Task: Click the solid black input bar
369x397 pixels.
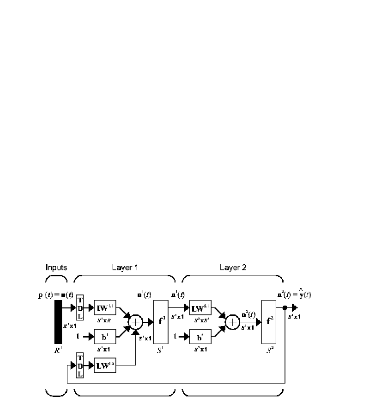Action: click(x=58, y=322)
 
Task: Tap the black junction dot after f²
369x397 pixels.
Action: click(x=284, y=308)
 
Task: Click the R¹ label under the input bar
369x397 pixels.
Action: click(x=58, y=352)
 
